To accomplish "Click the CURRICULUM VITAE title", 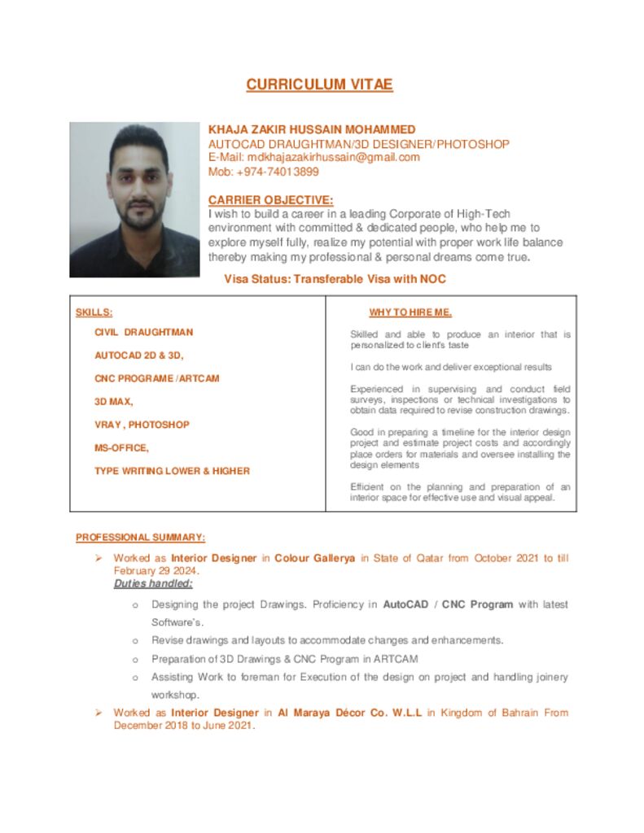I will (x=319, y=85).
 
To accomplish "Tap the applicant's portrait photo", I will (x=134, y=199).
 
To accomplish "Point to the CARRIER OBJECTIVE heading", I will (x=270, y=200).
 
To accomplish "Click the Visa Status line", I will (x=335, y=279).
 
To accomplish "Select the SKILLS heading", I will (x=94, y=312).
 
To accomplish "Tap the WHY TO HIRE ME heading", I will (x=410, y=312).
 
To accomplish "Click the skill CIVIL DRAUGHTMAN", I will (x=143, y=332).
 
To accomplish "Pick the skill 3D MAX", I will (x=114, y=402).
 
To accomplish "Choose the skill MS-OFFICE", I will (x=121, y=447).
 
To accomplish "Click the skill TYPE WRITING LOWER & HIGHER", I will (x=172, y=471).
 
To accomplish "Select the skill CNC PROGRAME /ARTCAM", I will (x=156, y=378).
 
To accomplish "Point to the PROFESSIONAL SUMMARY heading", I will (x=140, y=537).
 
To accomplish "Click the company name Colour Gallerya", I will (x=314, y=558).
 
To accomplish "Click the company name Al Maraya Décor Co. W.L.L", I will (x=349, y=713).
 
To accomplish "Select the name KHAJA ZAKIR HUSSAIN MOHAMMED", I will (x=312, y=129).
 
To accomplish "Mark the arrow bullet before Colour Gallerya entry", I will (x=97, y=558).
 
